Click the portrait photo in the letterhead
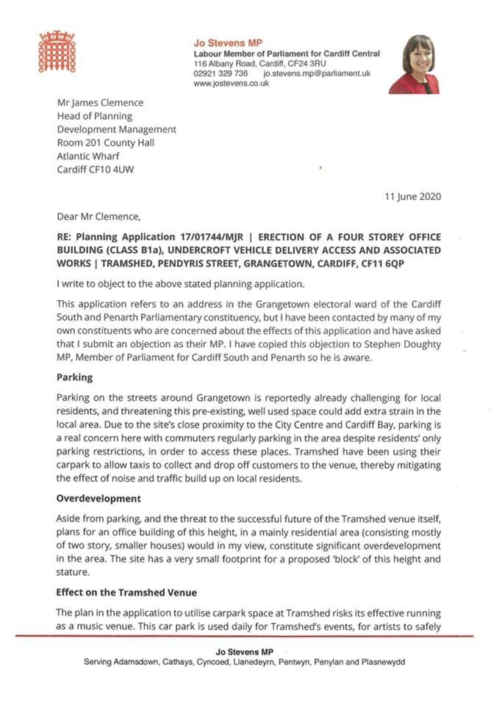419,64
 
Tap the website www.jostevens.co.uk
231,84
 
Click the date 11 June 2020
413,197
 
